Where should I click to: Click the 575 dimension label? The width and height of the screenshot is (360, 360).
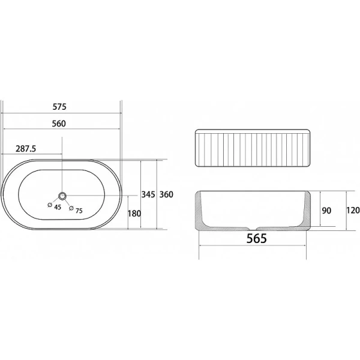coord(58,107)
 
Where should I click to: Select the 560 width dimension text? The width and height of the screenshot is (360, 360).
coord(58,124)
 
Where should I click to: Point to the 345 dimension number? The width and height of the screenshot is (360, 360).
coord(148,194)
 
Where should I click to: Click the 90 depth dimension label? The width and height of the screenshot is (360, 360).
coord(328,210)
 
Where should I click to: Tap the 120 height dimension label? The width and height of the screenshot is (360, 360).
coord(352,210)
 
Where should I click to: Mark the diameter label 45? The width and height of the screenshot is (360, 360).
coord(58,207)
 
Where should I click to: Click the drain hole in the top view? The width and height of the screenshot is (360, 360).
coord(62,196)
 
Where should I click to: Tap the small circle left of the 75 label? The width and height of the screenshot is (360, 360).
coord(71,209)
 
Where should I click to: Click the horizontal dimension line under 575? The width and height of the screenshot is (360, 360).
coord(61,113)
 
